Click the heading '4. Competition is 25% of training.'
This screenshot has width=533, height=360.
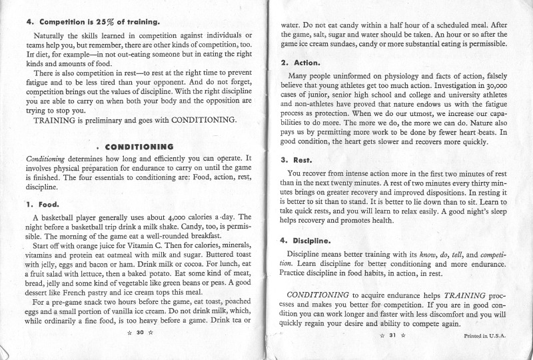pos(93,21)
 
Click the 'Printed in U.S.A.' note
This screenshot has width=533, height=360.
pos(486,336)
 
